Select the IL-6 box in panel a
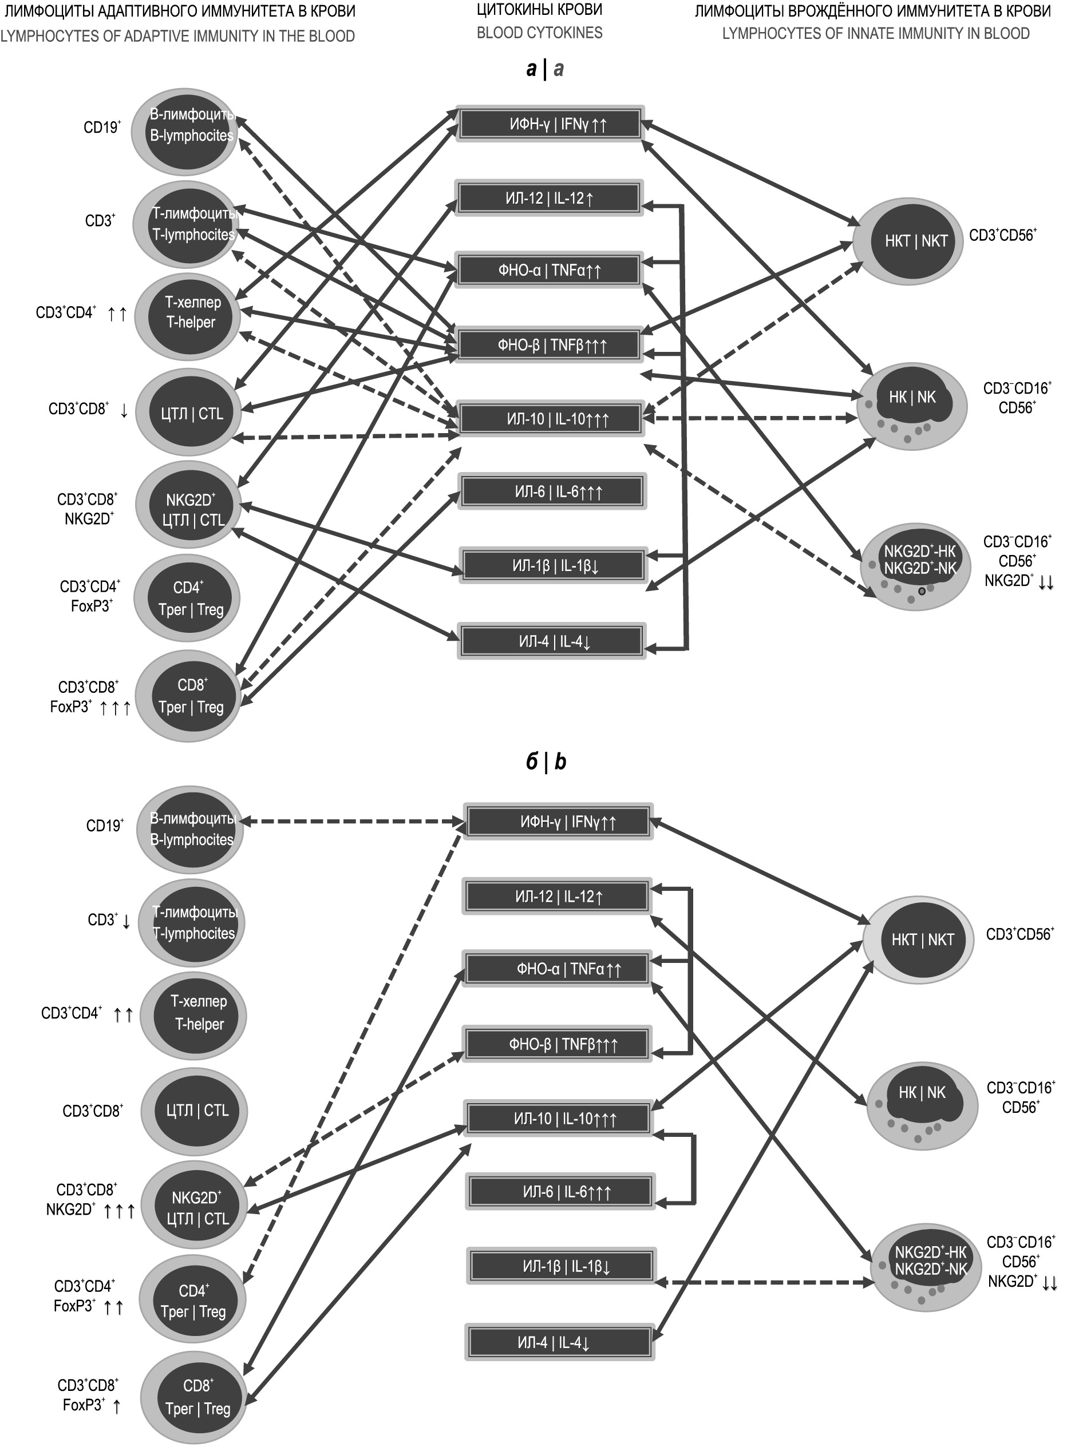(x=552, y=492)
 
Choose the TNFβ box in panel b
(x=558, y=1044)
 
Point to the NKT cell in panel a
(x=908, y=241)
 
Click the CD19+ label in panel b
(x=104, y=826)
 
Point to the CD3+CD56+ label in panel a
(x=1002, y=235)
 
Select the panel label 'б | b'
(x=545, y=762)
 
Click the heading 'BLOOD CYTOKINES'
(x=539, y=33)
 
